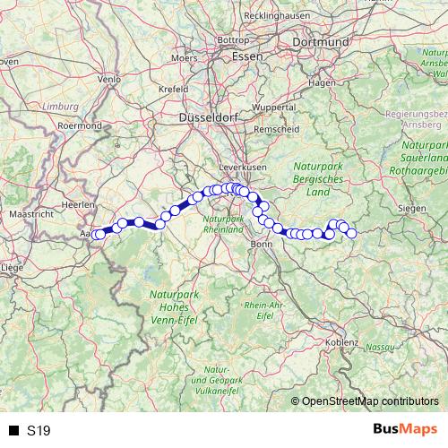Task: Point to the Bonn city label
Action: coord(262,243)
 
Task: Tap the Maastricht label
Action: coord(30,215)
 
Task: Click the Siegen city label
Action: coord(412,208)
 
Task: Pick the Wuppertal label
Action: coord(273,107)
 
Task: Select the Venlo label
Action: coord(109,79)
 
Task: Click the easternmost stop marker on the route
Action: coord(351,233)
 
